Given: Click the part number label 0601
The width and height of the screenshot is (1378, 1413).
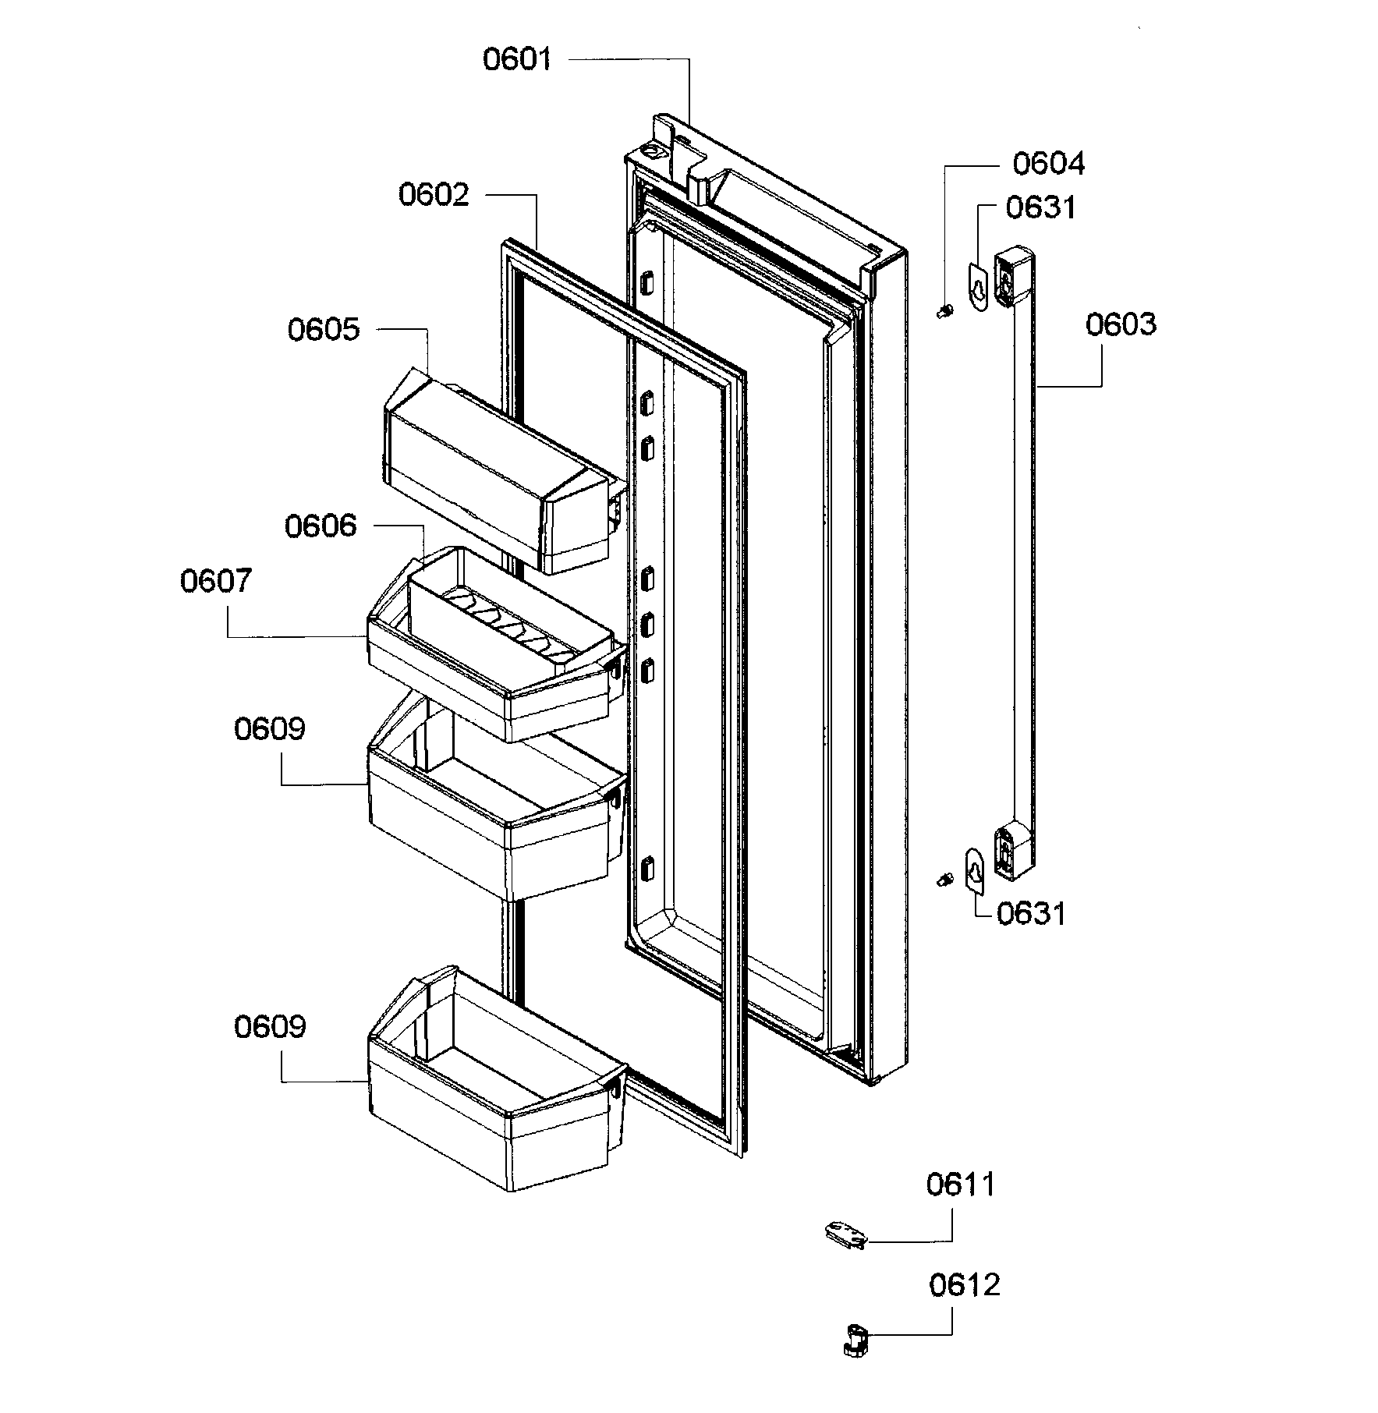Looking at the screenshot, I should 516,60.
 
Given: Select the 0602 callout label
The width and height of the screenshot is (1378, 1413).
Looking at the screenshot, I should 434,194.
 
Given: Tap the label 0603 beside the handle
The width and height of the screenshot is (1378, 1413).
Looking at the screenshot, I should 1121,324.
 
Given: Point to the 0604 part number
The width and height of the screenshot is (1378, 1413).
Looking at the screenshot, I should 1048,165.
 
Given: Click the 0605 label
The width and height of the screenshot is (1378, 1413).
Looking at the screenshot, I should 323,330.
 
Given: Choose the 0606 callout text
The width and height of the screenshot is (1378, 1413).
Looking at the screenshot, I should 320,526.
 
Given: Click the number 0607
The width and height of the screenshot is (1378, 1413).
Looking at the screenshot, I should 216,582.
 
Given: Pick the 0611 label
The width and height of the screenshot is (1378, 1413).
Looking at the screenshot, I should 961,1185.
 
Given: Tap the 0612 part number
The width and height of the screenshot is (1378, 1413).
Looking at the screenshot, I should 964,1285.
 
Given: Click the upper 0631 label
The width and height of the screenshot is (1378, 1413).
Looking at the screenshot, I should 1040,208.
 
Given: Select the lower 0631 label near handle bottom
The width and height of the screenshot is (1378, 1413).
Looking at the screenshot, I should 1031,913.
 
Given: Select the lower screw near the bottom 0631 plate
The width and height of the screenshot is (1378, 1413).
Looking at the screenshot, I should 944,880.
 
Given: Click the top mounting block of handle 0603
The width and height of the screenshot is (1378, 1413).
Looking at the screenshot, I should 1013,277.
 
